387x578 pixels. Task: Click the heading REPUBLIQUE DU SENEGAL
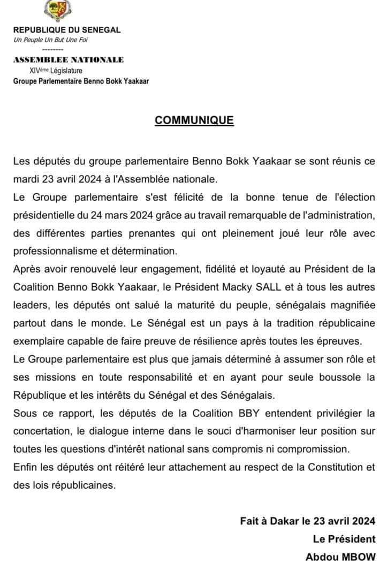[x=67, y=31]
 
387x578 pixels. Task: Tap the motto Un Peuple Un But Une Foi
[x=51, y=40]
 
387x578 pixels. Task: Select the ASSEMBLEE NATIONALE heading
[x=69, y=59]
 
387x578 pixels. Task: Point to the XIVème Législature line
[x=56, y=70]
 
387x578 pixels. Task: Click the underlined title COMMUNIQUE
[x=194, y=120]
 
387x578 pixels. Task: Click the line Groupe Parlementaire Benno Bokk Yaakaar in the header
[x=81, y=81]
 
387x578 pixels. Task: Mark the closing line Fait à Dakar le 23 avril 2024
[x=308, y=520]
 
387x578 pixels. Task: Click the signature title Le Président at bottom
[x=344, y=538]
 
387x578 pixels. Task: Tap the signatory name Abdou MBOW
[x=340, y=557]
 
